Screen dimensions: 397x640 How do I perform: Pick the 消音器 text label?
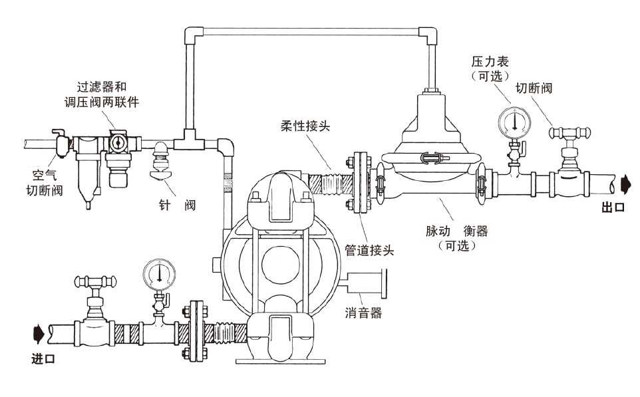pos(363,313)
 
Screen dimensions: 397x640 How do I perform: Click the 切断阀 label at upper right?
pos(534,88)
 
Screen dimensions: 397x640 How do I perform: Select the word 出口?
pos(613,207)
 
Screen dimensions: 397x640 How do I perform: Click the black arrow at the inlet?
pos(39,330)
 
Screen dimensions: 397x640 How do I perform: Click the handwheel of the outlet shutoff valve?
pos(569,134)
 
